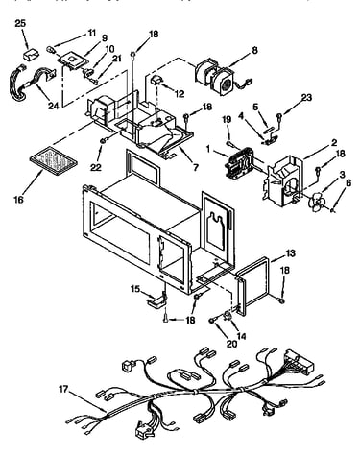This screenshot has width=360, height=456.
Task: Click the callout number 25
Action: coord(20,24)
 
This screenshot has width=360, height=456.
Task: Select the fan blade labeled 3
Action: coord(316,203)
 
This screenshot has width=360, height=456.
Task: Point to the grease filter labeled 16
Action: coord(54,160)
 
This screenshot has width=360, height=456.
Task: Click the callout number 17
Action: coord(63,389)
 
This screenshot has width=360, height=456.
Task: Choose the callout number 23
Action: coord(306,98)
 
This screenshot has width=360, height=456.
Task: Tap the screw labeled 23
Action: coord(279,116)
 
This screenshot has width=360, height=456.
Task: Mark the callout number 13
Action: coord(291,253)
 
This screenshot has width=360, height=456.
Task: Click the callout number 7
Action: coord(195,167)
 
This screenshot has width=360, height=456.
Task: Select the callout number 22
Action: coord(96,167)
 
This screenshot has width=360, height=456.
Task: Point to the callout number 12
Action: coord(180,93)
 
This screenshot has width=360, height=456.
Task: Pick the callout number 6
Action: coord(348,183)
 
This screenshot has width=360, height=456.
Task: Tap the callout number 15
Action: coord(135,289)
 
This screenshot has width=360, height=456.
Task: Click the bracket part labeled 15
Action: coord(156,300)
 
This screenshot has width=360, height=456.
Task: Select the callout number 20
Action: coord(231,344)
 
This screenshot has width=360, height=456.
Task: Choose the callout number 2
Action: coord(334,142)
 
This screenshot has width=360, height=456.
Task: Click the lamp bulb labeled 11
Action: coord(51,49)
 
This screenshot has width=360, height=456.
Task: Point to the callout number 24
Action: coord(53,106)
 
